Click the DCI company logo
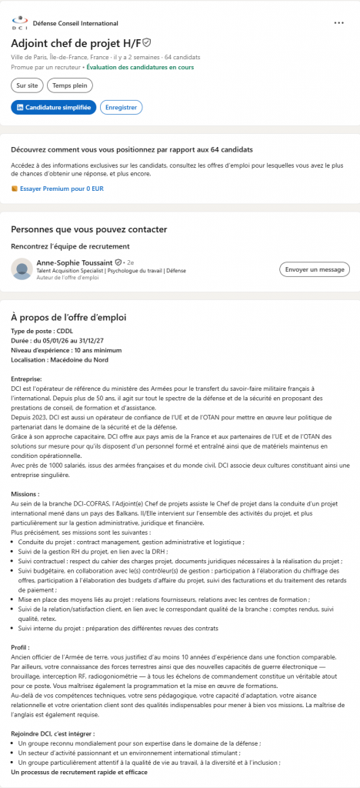tap(19, 24)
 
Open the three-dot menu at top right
tap(339, 23)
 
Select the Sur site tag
tap(27, 85)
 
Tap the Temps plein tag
tap(69, 85)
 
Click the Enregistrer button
tap(121, 108)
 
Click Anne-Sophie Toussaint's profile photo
tap(22, 269)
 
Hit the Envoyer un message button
tap(314, 269)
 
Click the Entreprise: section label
tap(27, 379)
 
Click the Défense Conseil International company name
tap(75, 24)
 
